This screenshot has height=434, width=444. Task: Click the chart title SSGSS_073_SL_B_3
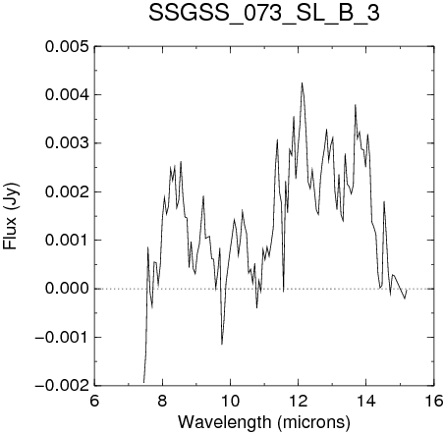tap(264, 13)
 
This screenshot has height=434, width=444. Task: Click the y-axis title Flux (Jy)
tap(11, 216)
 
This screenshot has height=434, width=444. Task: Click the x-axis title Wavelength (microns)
tap(264, 422)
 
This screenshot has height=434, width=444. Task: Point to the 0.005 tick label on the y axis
tap(67, 46)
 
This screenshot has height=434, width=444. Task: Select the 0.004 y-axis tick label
tap(67, 95)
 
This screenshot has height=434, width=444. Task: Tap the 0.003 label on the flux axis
tap(67, 143)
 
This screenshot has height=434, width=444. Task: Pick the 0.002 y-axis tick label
tap(67, 191)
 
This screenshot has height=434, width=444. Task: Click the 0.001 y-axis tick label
tap(67, 241)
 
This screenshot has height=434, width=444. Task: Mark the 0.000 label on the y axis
tap(67, 289)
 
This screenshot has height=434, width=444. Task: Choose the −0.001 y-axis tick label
tap(62, 337)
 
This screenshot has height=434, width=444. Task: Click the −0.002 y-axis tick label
tap(62, 386)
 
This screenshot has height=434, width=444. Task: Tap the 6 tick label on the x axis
tap(94, 401)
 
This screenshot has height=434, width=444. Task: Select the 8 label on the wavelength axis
tap(162, 401)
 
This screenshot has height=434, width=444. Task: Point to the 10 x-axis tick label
tap(230, 401)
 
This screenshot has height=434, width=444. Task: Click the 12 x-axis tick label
tap(299, 401)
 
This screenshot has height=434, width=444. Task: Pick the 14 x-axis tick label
tap(366, 401)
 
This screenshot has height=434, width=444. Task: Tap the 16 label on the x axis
tap(434, 401)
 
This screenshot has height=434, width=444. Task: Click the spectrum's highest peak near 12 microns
tap(302, 82)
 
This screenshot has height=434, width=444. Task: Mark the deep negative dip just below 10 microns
tap(222, 344)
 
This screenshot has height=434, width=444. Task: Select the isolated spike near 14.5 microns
tap(384, 202)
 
